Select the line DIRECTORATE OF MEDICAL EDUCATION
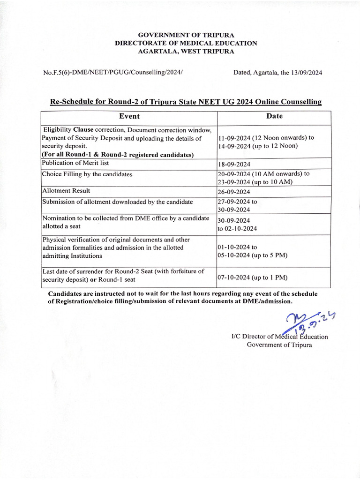186,43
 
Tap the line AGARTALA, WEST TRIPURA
186,51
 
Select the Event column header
129,116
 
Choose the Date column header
274,116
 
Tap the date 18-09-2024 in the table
234,165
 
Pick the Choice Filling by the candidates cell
87,174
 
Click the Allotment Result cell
66,191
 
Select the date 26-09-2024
234,192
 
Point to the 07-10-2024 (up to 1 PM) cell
252,277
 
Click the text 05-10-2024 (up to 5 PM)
252,255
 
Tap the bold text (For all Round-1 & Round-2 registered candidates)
118,154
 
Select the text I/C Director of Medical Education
280,337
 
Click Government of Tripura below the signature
279,345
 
